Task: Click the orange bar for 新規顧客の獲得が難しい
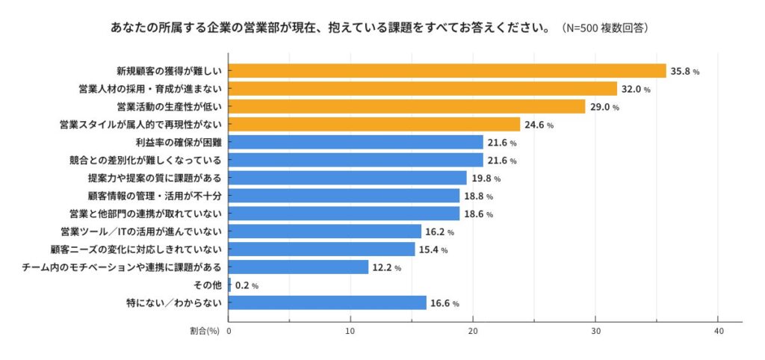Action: [447, 71]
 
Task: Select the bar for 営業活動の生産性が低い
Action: [406, 107]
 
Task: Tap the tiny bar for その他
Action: [229, 285]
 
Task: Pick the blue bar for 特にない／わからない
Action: [327, 302]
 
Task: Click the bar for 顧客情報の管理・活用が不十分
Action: [344, 196]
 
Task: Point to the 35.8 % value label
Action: [685, 72]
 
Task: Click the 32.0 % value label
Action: [636, 90]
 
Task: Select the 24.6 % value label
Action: [539, 125]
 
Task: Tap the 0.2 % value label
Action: [247, 285]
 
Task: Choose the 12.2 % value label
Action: [387, 267]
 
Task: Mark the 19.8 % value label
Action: [486, 179]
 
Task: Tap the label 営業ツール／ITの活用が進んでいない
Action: [141, 232]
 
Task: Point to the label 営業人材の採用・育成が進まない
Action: [150, 90]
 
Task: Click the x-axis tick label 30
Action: [595, 329]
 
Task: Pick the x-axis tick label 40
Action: [718, 329]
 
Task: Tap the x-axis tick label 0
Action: [229, 329]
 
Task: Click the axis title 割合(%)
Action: [205, 329]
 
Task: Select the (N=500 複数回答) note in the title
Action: [604, 28]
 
